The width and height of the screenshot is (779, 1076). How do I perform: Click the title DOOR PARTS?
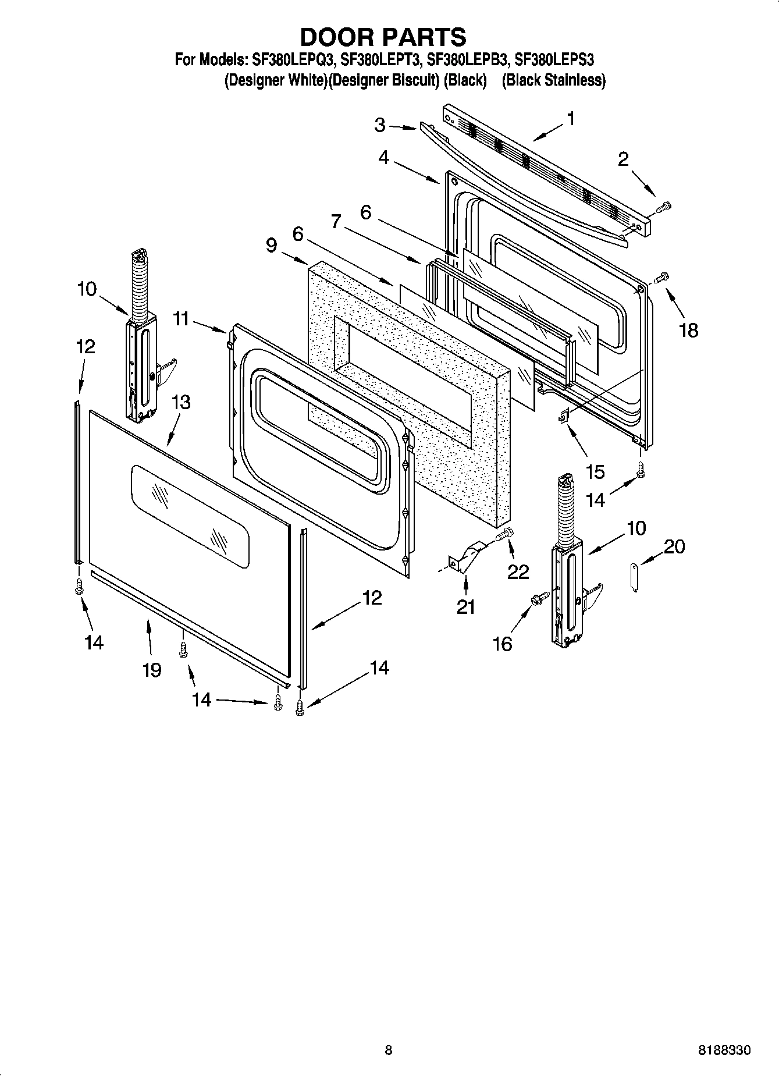pos(383,37)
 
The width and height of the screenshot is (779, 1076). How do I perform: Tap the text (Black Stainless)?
pos(553,80)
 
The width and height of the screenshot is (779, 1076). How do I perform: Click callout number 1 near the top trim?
pos(571,119)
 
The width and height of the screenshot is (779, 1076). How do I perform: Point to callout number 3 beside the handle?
pos(379,125)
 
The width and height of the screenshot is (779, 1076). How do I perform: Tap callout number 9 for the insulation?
pos(271,245)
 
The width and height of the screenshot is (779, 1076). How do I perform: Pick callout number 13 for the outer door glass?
pos(181,402)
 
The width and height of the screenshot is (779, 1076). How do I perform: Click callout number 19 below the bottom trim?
pos(151,670)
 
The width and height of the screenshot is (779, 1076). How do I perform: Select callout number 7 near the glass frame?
pos(336,221)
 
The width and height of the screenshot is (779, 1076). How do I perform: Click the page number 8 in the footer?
pos(388,1050)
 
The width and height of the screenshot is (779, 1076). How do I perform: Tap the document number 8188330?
pos(724,1050)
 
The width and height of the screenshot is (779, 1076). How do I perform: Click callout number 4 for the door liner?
pos(383,157)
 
